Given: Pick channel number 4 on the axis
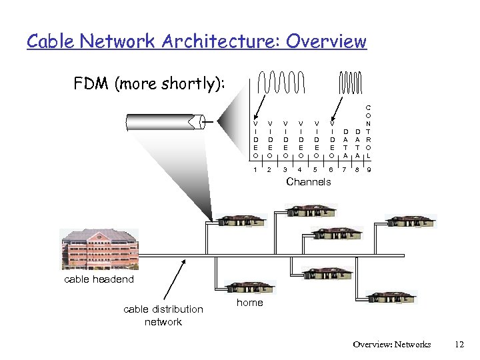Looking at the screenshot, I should (300, 171).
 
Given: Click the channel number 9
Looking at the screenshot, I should (369, 171).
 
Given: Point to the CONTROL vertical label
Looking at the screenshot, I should (369, 131).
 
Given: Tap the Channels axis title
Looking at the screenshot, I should (308, 182).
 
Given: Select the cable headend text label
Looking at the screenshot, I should (99, 279).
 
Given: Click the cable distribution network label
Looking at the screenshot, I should (163, 315).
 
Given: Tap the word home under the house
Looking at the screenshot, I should (250, 303).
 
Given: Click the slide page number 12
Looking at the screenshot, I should (458, 345).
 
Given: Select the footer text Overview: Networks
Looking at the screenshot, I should (392, 345).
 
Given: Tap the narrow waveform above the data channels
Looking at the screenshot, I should (353, 83).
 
